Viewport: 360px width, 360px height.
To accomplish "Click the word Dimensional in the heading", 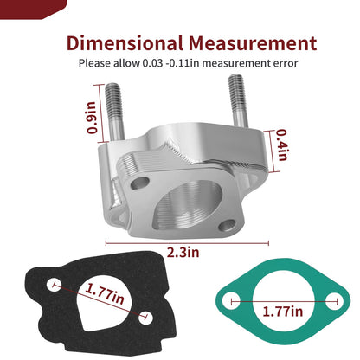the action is click(x=125, y=43).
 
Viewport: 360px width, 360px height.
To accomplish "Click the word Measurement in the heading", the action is click(x=253, y=43).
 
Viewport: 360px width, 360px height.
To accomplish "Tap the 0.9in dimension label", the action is click(x=92, y=118).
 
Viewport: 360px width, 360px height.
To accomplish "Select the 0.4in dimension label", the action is click(x=282, y=145).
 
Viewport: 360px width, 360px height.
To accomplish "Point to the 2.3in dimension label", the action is click(x=183, y=253).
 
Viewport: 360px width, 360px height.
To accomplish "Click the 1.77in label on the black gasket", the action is click(x=105, y=293).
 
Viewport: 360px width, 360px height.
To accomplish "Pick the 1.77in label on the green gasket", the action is click(x=283, y=312).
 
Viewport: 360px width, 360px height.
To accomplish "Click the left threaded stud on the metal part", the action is click(x=114, y=112).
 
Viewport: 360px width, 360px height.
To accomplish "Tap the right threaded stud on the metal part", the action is click(x=239, y=101).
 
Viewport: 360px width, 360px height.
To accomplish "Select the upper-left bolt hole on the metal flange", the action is click(x=140, y=183).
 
